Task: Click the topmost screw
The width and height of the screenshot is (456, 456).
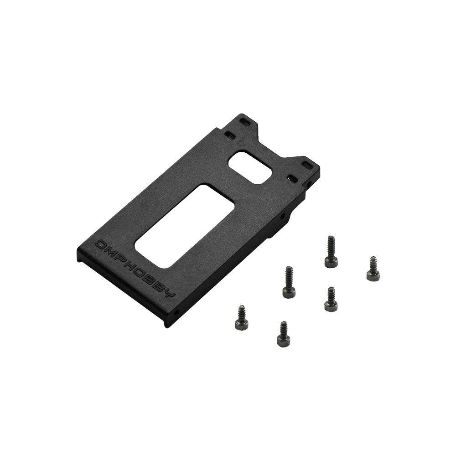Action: (x=331, y=252)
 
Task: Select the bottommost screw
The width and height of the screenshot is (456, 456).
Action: (x=283, y=334)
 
